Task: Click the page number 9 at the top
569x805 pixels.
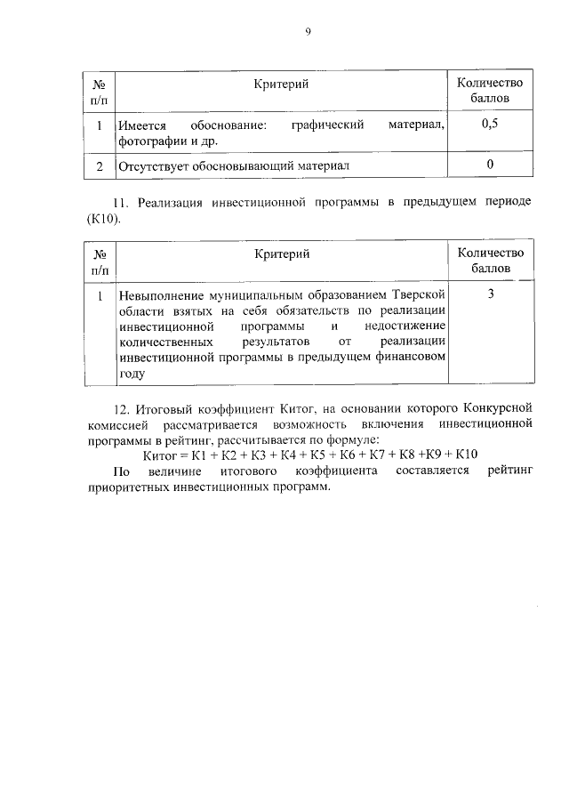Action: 308,32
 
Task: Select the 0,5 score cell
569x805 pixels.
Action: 490,125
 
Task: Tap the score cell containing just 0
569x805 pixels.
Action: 490,165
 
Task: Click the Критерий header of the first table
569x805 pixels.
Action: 281,83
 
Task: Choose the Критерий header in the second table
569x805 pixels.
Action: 281,254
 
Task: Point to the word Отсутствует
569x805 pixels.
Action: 155,165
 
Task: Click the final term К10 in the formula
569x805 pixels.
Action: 466,455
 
